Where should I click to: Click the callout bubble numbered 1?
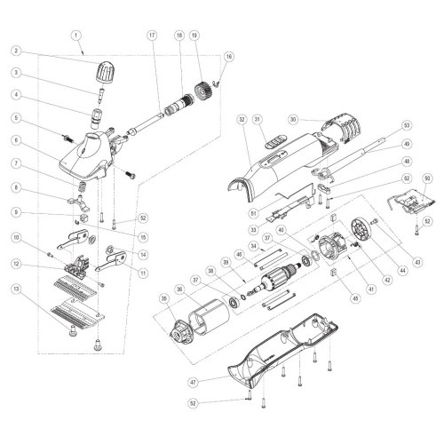[76, 36]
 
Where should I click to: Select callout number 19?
[194, 36]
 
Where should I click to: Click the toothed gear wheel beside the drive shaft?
[203, 91]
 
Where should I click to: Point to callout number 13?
[17, 289]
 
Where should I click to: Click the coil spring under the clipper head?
[82, 187]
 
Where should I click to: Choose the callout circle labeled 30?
[293, 120]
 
